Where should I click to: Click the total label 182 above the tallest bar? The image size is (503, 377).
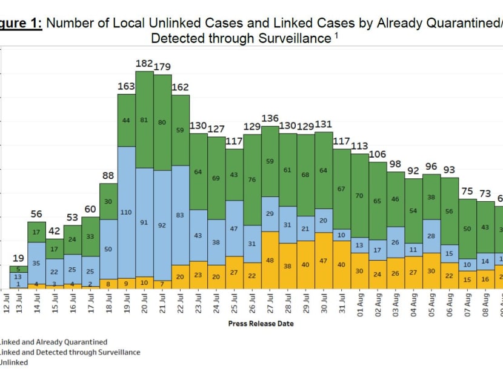[x=144, y=64]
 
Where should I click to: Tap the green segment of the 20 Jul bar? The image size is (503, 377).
[x=144, y=119]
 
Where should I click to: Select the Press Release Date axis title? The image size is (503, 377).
[x=261, y=324]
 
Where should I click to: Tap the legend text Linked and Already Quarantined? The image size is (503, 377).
[x=54, y=342]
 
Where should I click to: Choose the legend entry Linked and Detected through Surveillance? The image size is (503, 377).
[x=70, y=352]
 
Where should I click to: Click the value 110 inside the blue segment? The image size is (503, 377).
[x=126, y=213]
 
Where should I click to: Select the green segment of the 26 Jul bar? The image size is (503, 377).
[x=252, y=179]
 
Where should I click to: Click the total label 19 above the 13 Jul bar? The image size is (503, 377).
[x=18, y=257]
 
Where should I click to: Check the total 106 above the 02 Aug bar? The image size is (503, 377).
[x=378, y=154]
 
